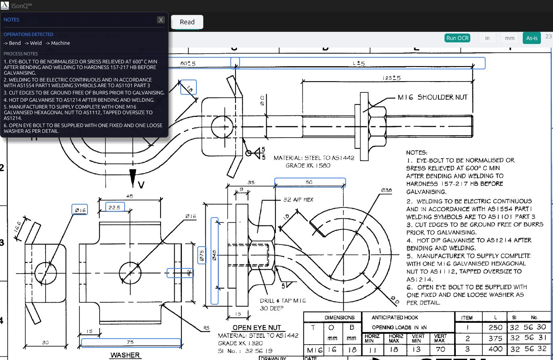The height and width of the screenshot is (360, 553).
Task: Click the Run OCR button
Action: tap(457, 38)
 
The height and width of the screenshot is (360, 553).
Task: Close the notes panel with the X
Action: tap(161, 20)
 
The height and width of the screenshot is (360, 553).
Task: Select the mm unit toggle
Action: tap(509, 38)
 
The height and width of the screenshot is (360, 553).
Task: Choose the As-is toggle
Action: tap(532, 38)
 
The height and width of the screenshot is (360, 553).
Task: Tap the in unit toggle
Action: tap(487, 38)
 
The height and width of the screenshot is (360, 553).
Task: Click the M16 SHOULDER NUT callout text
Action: tap(432, 97)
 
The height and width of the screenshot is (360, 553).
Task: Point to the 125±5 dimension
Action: tap(391, 78)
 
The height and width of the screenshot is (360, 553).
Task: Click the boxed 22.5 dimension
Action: tap(115, 207)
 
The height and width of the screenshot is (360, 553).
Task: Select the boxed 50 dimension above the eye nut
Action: tap(309, 182)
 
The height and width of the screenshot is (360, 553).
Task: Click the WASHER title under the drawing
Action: tap(125, 355)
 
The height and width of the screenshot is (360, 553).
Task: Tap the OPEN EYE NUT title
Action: tap(256, 327)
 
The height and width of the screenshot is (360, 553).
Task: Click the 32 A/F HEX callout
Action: tap(298, 199)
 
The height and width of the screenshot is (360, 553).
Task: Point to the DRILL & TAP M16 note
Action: tap(283, 301)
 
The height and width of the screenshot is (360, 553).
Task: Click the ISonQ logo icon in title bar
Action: tap(5, 5)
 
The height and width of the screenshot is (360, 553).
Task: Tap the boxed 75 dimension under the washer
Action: tap(131, 343)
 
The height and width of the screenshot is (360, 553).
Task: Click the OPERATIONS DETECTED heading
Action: tap(28, 34)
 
